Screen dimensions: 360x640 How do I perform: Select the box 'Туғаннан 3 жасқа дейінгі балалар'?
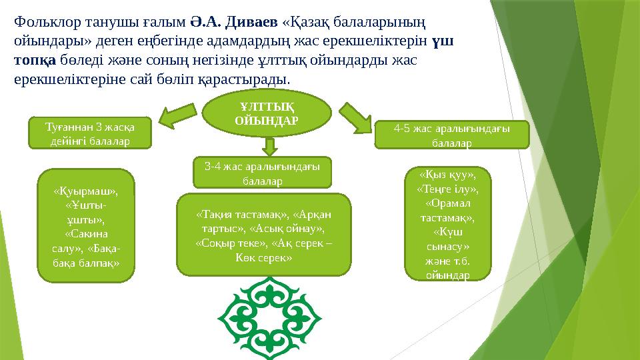pos(90,133)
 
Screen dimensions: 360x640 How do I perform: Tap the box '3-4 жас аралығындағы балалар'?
pos(262,173)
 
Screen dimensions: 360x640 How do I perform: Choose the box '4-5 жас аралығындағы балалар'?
pos(453,135)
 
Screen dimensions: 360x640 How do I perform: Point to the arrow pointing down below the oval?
pos(269,145)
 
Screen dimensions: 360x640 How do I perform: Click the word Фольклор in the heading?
pos(44,23)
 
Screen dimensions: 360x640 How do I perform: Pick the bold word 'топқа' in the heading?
pos(35,60)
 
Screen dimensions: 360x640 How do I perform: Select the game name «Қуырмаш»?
pos(86,191)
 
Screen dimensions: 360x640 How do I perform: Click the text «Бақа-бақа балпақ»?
pos(87,257)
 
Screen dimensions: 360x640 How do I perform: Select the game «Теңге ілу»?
pos(447,189)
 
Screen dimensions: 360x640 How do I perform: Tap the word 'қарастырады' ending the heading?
pos(248,79)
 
